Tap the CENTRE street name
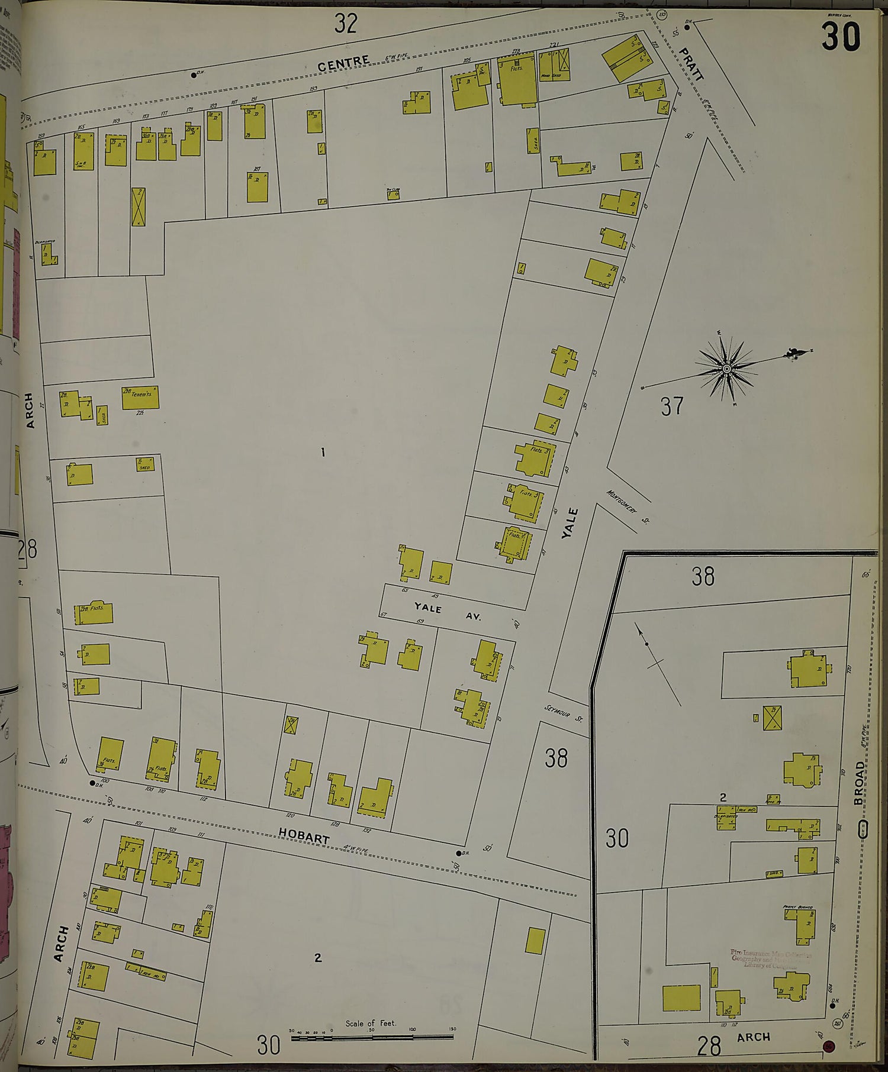(x=344, y=62)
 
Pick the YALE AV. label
(x=448, y=612)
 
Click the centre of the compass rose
(x=726, y=369)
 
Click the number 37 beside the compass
(x=672, y=406)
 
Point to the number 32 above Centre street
(x=346, y=24)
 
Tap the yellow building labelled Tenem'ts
(x=140, y=398)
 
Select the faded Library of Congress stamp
(x=771, y=958)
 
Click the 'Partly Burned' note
(x=797, y=907)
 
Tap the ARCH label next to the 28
(x=754, y=1037)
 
